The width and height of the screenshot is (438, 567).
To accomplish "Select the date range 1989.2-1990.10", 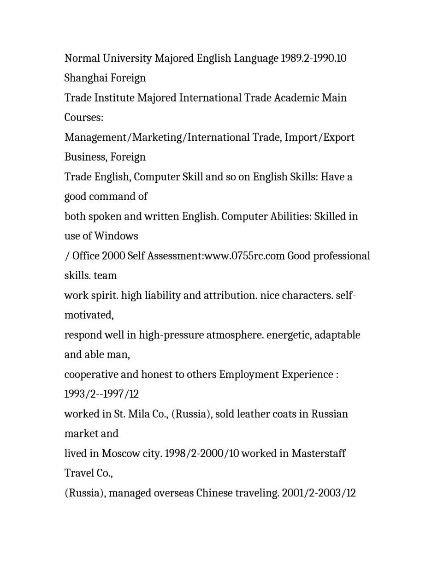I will (314, 59).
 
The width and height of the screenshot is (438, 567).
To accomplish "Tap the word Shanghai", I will (86, 78).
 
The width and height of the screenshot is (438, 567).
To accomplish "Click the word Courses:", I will (84, 118).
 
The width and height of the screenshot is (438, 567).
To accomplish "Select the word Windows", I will (116, 236).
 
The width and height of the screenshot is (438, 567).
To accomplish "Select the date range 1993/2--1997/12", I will (101, 394).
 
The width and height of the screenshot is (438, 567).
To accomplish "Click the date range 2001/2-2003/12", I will (319, 493).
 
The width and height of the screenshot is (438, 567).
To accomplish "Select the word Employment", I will (249, 375).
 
